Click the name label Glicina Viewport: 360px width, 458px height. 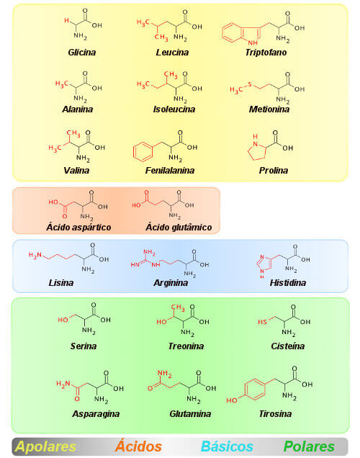pos(82,53)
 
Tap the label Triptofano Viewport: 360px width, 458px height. pos(266,53)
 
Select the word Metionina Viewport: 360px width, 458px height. pos(269,109)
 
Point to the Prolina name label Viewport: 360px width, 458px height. pos(274,170)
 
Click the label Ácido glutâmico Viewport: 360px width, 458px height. pos(179,227)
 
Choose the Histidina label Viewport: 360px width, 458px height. pos(287,283)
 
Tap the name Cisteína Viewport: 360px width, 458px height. pos(287,346)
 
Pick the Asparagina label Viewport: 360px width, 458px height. pos(96,414)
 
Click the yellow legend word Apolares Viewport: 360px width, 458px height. pos(45,446)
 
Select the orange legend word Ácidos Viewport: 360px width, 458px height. pos(138,446)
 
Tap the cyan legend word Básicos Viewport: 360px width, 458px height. pos(227,446)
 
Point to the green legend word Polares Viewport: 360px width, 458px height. pos(309,446)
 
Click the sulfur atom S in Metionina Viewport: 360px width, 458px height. pos(250,85)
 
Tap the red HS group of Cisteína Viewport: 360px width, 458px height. pos(262,322)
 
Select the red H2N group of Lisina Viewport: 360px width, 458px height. pos(35,256)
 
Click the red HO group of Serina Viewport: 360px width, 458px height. pos(63,320)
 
